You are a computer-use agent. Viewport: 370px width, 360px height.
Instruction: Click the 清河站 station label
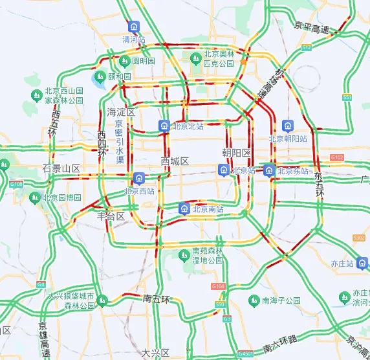134,39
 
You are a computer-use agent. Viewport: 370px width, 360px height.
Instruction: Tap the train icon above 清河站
133,27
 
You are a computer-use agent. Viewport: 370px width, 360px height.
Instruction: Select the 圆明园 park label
144,61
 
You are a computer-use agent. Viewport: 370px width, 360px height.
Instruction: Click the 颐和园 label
120,76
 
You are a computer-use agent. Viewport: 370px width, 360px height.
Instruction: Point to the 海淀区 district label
122,111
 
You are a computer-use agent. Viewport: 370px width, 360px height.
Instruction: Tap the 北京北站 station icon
164,126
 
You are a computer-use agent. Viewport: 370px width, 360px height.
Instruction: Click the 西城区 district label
175,161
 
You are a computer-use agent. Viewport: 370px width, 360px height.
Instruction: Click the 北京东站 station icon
268,170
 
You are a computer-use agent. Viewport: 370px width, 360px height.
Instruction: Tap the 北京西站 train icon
139,178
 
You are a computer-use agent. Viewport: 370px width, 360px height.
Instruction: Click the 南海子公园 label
281,300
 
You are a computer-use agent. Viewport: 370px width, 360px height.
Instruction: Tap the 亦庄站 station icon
362,263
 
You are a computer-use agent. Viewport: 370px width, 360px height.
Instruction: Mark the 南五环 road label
157,299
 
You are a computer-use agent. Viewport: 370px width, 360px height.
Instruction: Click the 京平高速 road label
312,28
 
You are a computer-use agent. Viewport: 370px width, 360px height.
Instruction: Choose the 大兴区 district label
155,353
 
